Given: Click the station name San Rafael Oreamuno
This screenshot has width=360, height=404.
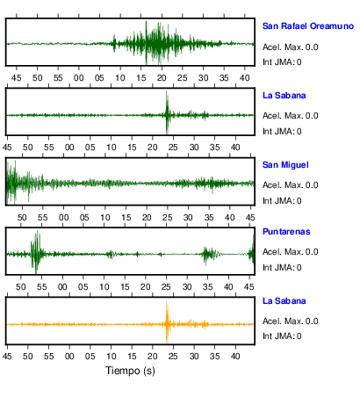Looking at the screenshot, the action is pyautogui.click(x=308, y=26).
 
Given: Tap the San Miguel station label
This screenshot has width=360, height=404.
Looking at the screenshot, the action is pyautogui.click(x=285, y=165).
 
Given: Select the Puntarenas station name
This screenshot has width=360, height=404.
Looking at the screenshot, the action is pyautogui.click(x=286, y=232).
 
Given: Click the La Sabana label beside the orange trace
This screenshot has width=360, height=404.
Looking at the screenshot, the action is pyautogui.click(x=284, y=301).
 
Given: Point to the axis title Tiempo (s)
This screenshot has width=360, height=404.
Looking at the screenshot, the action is pyautogui.click(x=130, y=371).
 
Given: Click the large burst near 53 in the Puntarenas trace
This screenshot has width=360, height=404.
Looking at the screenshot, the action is pyautogui.click(x=36, y=252).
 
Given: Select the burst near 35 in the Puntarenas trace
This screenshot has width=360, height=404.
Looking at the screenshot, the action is pyautogui.click(x=210, y=255).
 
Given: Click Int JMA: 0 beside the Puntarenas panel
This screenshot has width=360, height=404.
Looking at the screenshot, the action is pyautogui.click(x=282, y=268).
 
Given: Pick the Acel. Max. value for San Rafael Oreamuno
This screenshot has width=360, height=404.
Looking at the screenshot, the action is pyautogui.click(x=290, y=47).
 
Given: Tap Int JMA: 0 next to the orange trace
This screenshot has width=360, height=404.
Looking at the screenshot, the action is pyautogui.click(x=282, y=335).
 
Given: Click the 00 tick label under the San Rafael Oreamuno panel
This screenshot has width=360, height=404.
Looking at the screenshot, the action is pyautogui.click(x=79, y=78).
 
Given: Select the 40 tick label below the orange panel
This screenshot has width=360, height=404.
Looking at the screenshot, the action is pyautogui.click(x=235, y=356).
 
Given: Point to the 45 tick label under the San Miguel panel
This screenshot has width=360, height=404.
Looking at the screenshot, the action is pyautogui.click(x=250, y=218).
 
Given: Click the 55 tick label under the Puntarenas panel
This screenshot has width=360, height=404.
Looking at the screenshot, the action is pyautogui.click(x=41, y=286).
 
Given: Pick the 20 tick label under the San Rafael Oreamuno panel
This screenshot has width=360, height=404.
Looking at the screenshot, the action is pyautogui.click(x=162, y=78).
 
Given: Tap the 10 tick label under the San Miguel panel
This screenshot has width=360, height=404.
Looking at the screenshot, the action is pyautogui.click(x=105, y=218).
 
